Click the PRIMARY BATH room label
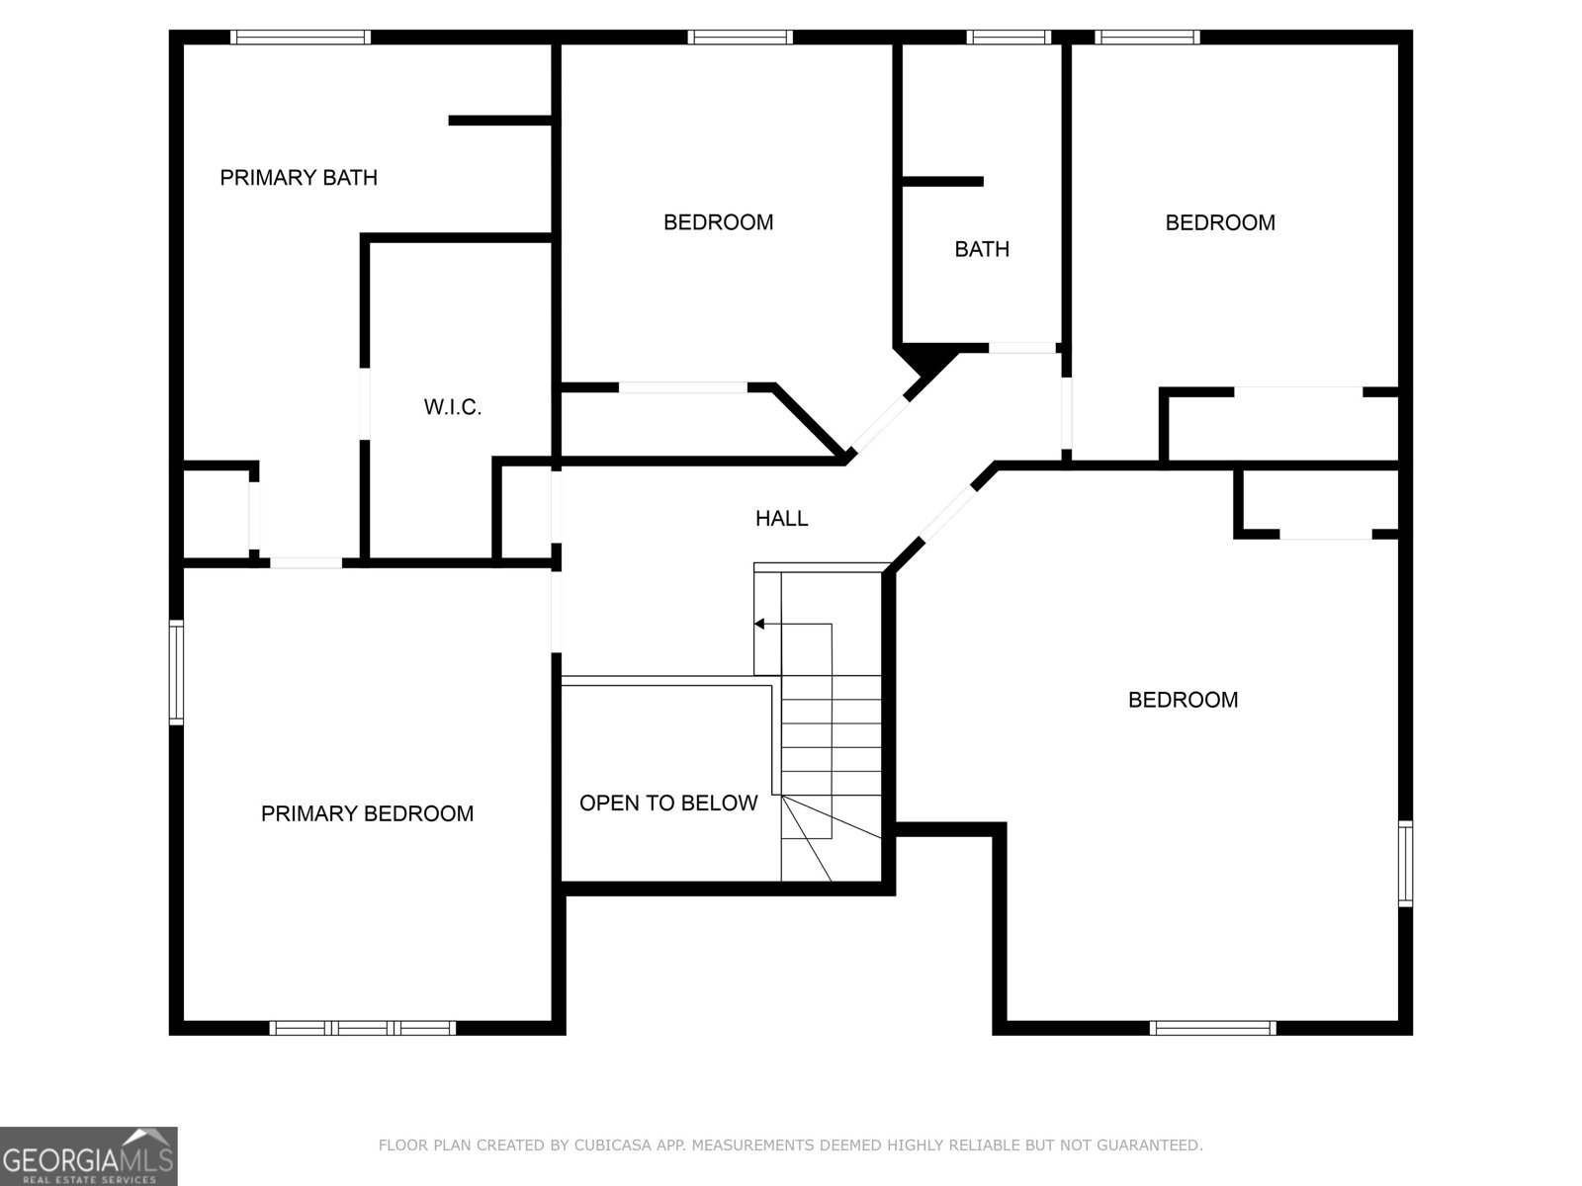298,178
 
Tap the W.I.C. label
452,407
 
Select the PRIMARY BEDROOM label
367,813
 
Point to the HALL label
781,518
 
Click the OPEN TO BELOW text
668,804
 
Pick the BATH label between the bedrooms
982,249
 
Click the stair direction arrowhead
759,624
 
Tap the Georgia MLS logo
88,1155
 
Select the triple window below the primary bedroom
362,1028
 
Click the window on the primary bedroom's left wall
176,672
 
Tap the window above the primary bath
301,38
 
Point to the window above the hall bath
1008,38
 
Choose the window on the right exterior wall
1405,863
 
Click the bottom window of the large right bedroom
1213,1028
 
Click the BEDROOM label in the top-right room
1220,223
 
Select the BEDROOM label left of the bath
718,223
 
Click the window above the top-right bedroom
1147,38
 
